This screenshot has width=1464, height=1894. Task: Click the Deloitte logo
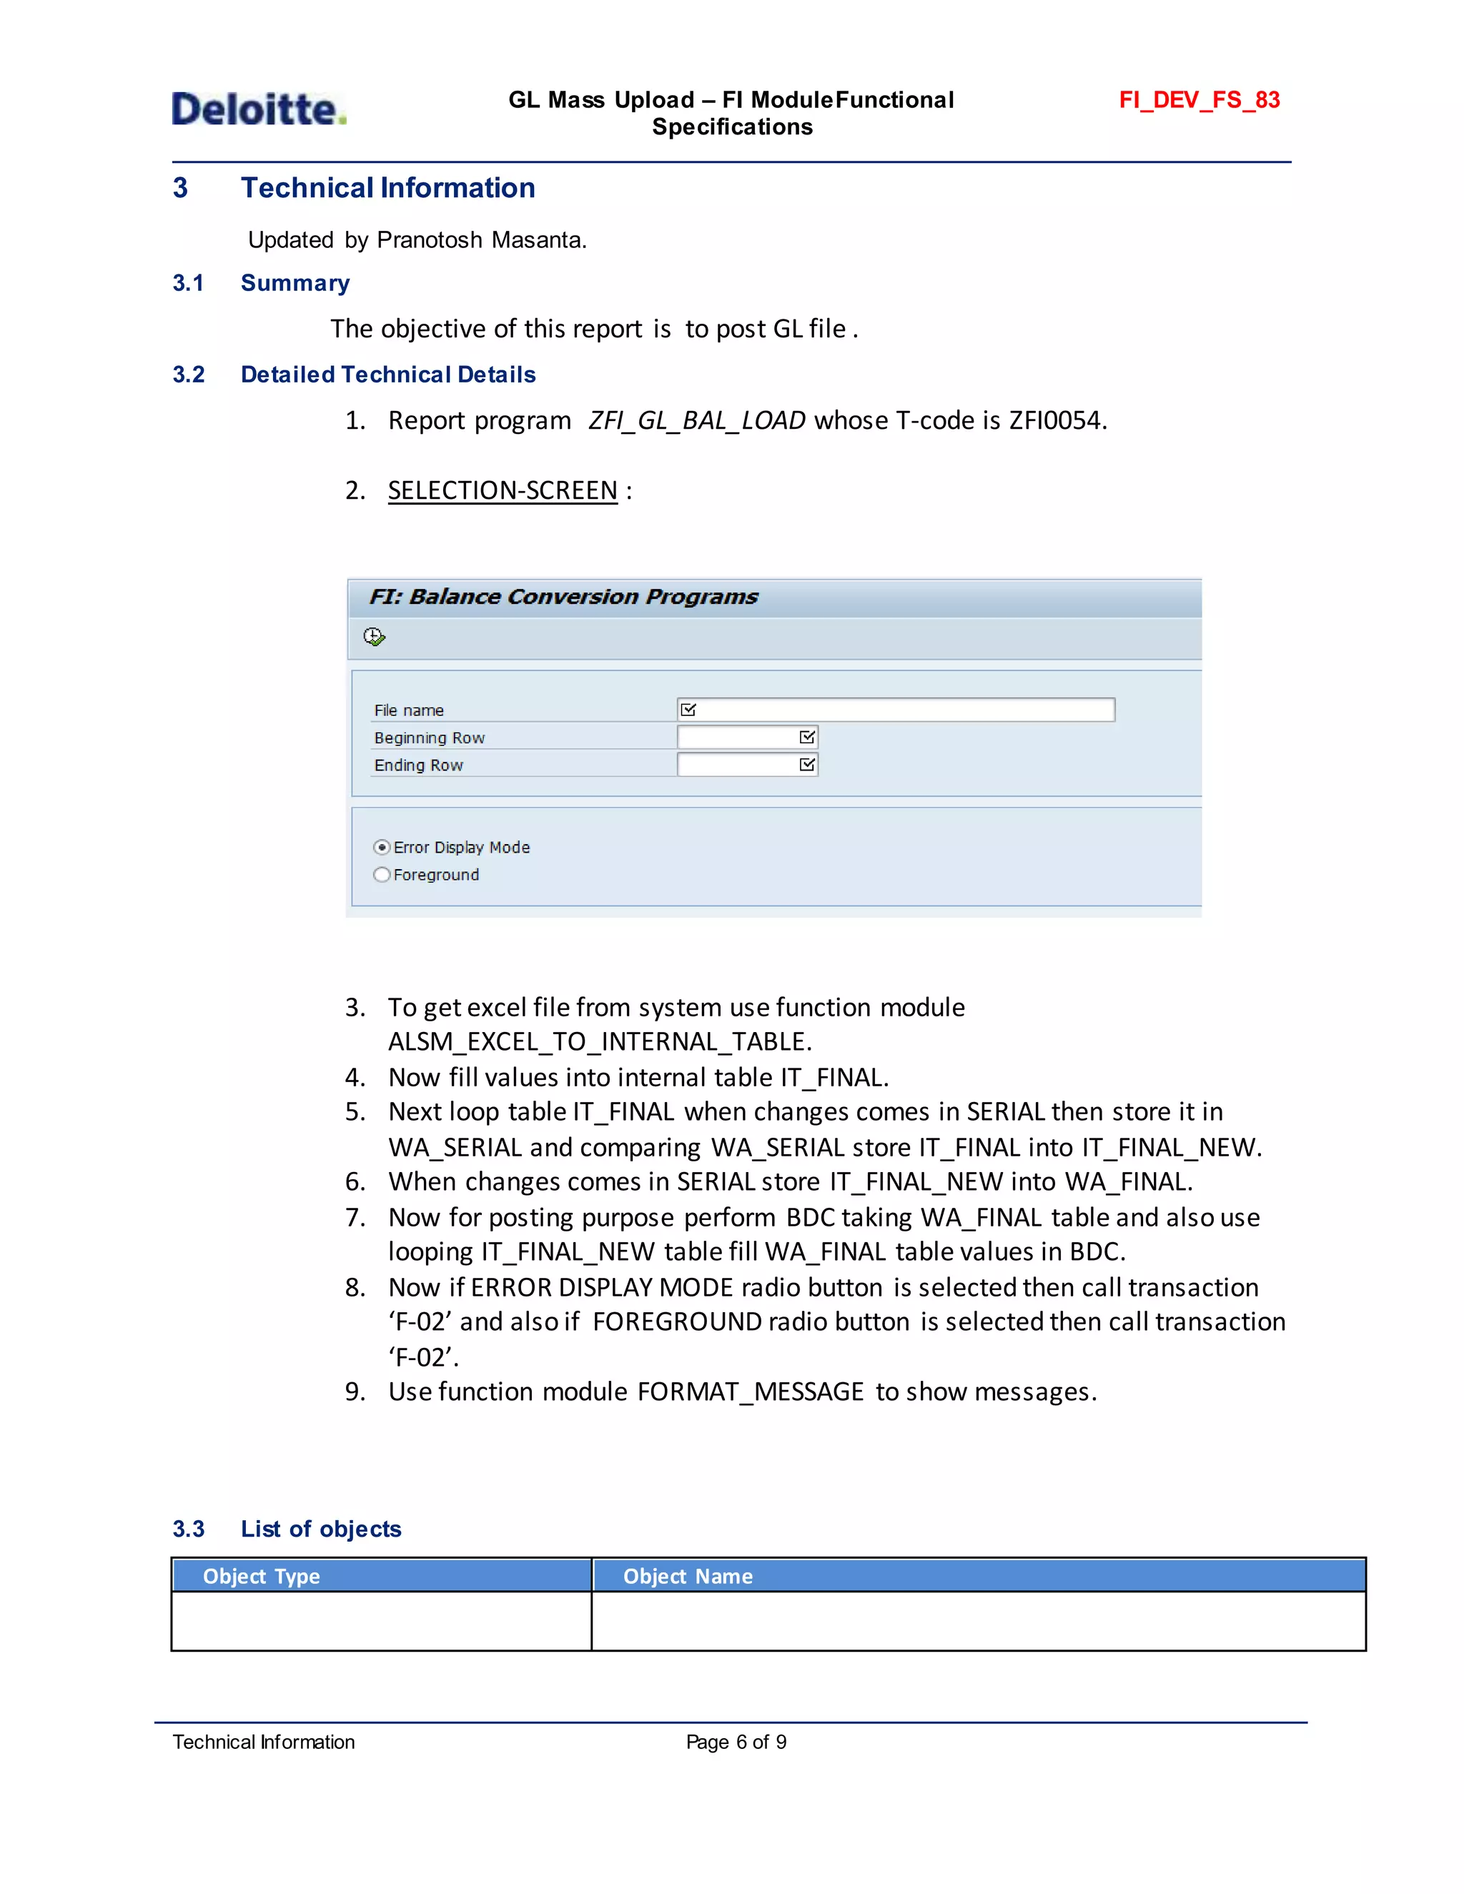(259, 109)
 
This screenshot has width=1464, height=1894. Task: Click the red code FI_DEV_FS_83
(1199, 100)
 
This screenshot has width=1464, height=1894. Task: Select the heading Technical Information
(387, 187)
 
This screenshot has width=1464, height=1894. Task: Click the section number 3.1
(188, 283)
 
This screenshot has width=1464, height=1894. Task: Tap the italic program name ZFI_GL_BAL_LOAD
(696, 420)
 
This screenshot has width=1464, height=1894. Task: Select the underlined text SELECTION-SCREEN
(502, 491)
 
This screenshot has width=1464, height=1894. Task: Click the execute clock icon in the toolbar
(374, 638)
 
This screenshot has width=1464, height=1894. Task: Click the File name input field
(902, 710)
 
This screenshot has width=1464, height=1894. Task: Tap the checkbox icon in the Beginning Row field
(806, 737)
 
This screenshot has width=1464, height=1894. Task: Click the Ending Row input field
(737, 765)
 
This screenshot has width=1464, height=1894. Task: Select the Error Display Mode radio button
(382, 847)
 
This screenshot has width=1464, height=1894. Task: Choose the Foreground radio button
(382, 874)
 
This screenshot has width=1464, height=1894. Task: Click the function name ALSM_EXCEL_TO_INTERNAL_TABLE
(598, 1041)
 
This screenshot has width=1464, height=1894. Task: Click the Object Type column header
(261, 1576)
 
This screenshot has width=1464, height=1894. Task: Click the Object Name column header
(688, 1576)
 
